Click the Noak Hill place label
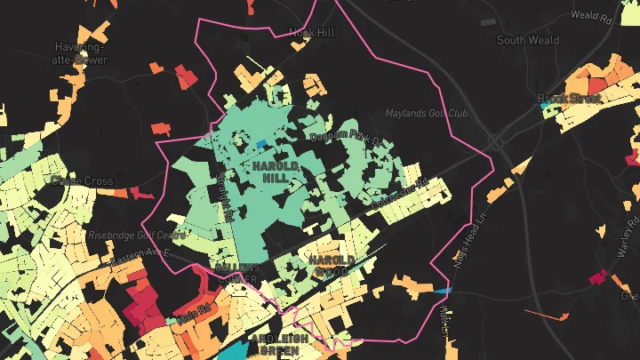pos(311,33)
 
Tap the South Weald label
pos(528,40)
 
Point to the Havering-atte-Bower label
pos(80,53)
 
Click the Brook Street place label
pos(570,98)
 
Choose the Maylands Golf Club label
pos(426,114)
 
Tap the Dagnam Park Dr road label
pos(344,139)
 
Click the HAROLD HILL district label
pos(275,172)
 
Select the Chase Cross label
pos(82,181)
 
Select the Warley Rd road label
pos(628,240)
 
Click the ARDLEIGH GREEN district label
pos(280,345)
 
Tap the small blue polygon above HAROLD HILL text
pos(260,143)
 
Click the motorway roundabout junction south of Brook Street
pos(494,142)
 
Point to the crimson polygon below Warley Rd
pos(596,278)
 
